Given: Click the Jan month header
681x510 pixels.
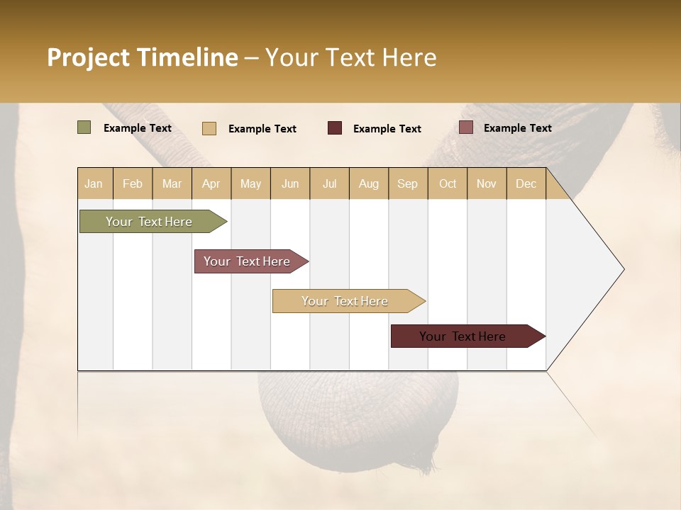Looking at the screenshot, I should (94, 183).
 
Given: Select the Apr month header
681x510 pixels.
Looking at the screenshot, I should (211, 183).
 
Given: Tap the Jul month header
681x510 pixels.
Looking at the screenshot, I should (329, 183).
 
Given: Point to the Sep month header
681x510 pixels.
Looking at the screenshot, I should (408, 183).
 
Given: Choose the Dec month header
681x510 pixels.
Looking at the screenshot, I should (526, 183).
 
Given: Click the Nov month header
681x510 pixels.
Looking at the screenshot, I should (487, 183).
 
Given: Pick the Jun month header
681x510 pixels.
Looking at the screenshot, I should (290, 183).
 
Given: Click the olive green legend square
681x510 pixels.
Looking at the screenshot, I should (84, 127).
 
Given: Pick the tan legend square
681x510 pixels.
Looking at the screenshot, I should (209, 128).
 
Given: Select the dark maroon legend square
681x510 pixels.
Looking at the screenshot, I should (335, 127).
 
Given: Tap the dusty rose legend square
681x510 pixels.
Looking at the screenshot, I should (465, 127).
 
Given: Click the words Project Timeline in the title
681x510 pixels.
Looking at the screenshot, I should (142, 57).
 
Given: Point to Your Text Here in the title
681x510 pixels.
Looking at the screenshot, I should (350, 57).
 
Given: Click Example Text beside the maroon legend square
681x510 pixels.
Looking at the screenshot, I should (387, 128).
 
